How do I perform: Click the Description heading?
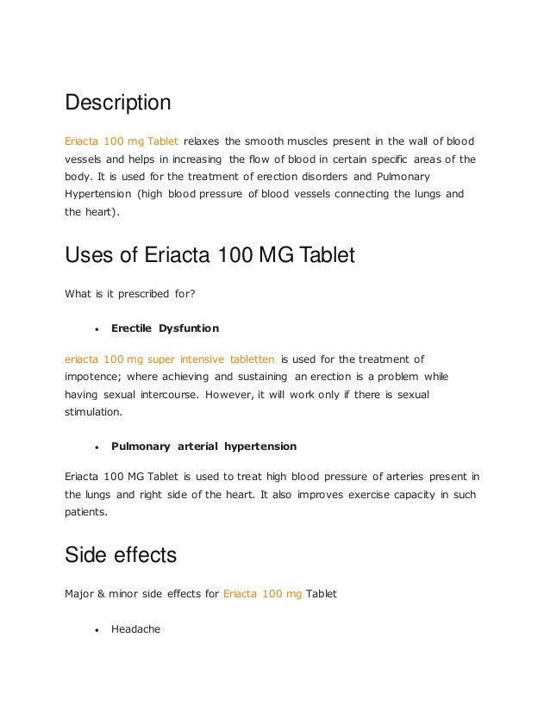pos(118,103)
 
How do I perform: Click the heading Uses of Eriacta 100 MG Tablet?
pos(209,257)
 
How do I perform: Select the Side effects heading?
pos(121,556)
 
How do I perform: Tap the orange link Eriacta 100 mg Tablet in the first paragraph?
pos(122,141)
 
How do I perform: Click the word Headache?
pos(136,630)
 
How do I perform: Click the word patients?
pos(86,511)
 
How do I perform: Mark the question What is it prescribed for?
pos(130,294)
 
